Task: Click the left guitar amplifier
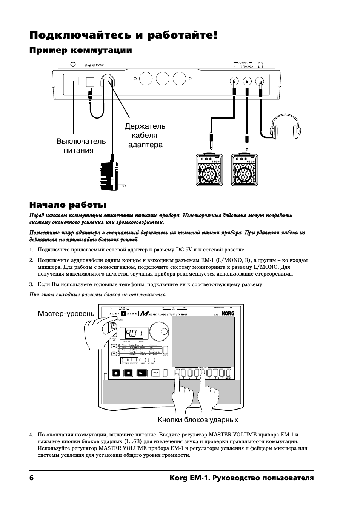coord(209,169)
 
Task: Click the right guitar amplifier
coord(245,169)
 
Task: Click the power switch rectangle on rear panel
coord(73,81)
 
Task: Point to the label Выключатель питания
coord(81,146)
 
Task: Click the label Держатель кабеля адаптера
coord(145,135)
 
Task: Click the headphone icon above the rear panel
coord(260,65)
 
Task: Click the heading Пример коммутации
coord(81,50)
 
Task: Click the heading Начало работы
coord(68,205)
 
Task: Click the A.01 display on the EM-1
coord(134,334)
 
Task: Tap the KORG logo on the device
coord(228,313)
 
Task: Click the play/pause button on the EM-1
coord(142,373)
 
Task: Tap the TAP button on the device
coord(155,373)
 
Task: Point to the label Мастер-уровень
coord(66,314)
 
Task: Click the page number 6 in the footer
coord(32,478)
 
